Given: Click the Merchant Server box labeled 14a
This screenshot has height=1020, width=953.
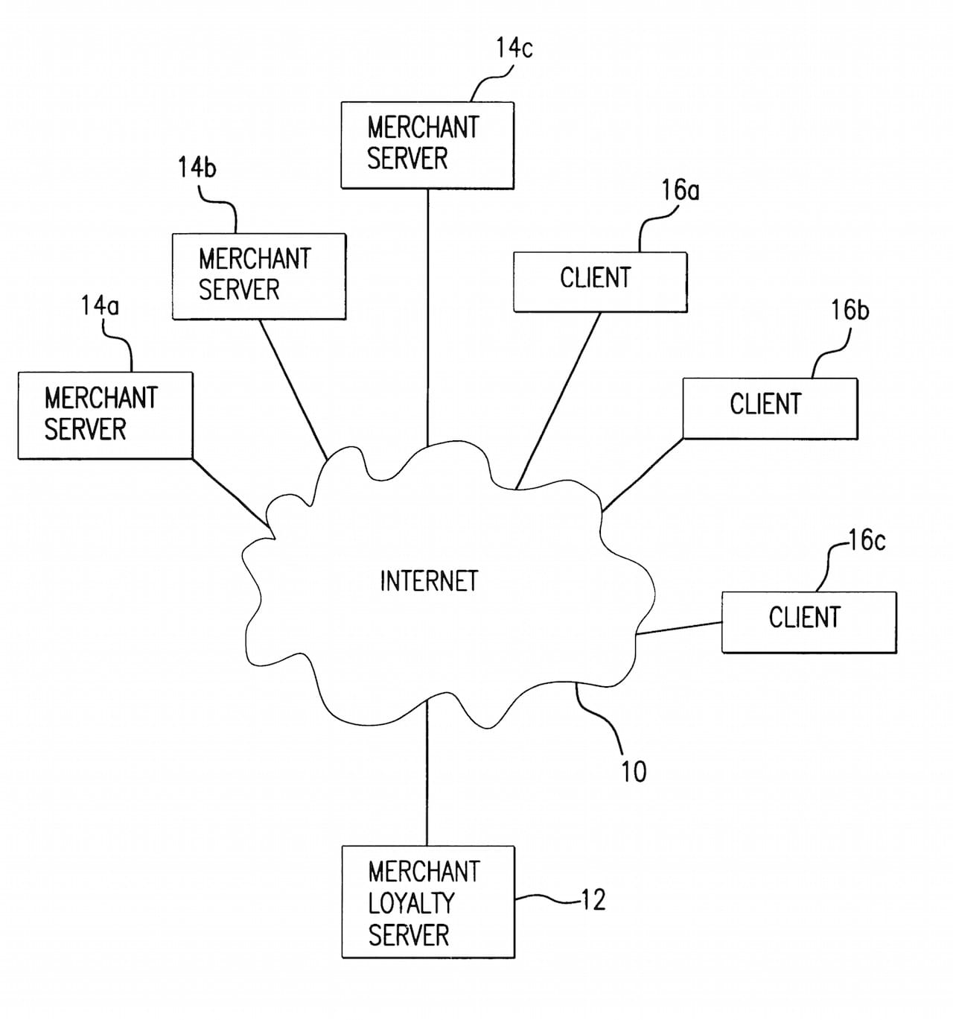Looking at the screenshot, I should (x=105, y=415).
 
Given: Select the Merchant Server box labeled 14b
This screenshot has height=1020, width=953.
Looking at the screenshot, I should (x=258, y=276).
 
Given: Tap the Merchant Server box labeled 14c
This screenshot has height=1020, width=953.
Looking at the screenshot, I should (x=427, y=145).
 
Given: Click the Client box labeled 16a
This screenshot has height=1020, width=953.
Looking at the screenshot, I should (x=599, y=282).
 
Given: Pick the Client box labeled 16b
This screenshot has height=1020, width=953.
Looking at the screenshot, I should (x=770, y=408).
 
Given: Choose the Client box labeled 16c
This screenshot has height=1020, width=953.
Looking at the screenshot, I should (x=809, y=621).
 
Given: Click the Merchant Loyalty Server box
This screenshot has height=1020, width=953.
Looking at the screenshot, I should (x=427, y=902).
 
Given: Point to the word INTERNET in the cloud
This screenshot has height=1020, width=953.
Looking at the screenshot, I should (x=429, y=581).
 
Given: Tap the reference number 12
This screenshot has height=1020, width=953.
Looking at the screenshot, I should (x=593, y=900).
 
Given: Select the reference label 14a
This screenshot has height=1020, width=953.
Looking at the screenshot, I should (x=100, y=305).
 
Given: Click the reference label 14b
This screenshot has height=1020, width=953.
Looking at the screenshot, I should (x=197, y=168).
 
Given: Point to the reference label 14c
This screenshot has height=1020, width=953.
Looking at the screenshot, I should (x=514, y=48).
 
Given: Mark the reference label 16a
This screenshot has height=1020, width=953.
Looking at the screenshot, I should (x=681, y=191).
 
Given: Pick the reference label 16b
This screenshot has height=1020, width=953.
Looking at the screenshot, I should (x=850, y=310).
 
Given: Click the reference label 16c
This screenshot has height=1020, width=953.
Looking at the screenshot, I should (x=867, y=540).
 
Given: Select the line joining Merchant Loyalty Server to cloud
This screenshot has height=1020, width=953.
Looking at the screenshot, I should (x=427, y=775).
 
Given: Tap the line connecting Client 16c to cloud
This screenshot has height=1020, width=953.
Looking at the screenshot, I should (x=679, y=628).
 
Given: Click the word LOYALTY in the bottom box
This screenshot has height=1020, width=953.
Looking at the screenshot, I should (x=411, y=903).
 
